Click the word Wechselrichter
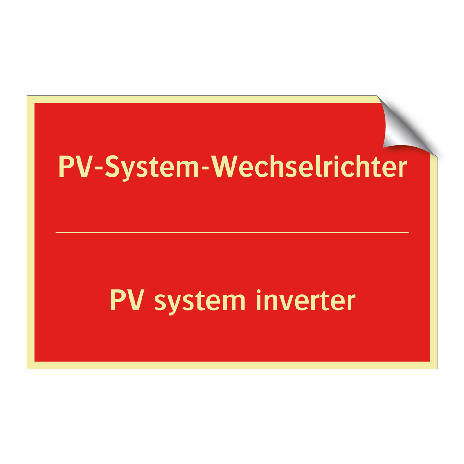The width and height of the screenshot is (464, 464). [x=310, y=167]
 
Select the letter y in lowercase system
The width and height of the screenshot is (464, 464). [x=175, y=303]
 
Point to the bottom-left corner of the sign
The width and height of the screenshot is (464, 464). [x=28, y=368]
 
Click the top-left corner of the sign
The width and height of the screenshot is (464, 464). [x=28, y=96]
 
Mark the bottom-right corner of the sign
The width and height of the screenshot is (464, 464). [x=436, y=368]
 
